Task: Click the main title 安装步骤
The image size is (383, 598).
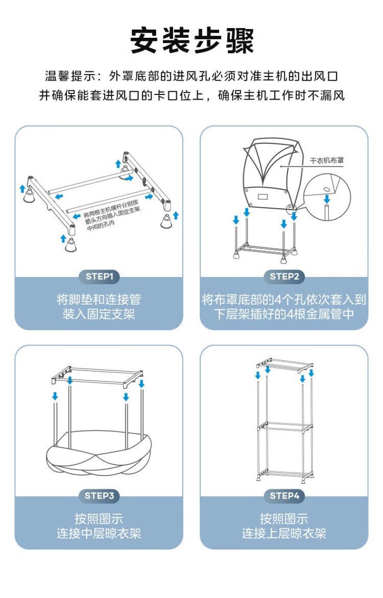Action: coord(192,41)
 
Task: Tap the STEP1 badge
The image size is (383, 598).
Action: coord(99,277)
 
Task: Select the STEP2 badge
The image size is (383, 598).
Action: coord(284,277)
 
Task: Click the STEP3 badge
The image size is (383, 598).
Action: coord(99,495)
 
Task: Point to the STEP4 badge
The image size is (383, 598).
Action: coord(284,495)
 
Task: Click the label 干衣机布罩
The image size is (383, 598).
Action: coord(327,160)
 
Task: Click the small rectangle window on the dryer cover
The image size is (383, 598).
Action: coord(264,196)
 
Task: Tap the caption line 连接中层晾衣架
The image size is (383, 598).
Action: coord(99,534)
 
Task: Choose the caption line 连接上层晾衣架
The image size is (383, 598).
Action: coord(284,534)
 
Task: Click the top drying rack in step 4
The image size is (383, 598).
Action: coord(284,364)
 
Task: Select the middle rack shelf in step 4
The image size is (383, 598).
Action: coord(284,426)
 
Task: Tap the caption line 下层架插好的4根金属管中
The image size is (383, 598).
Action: coord(284,314)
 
